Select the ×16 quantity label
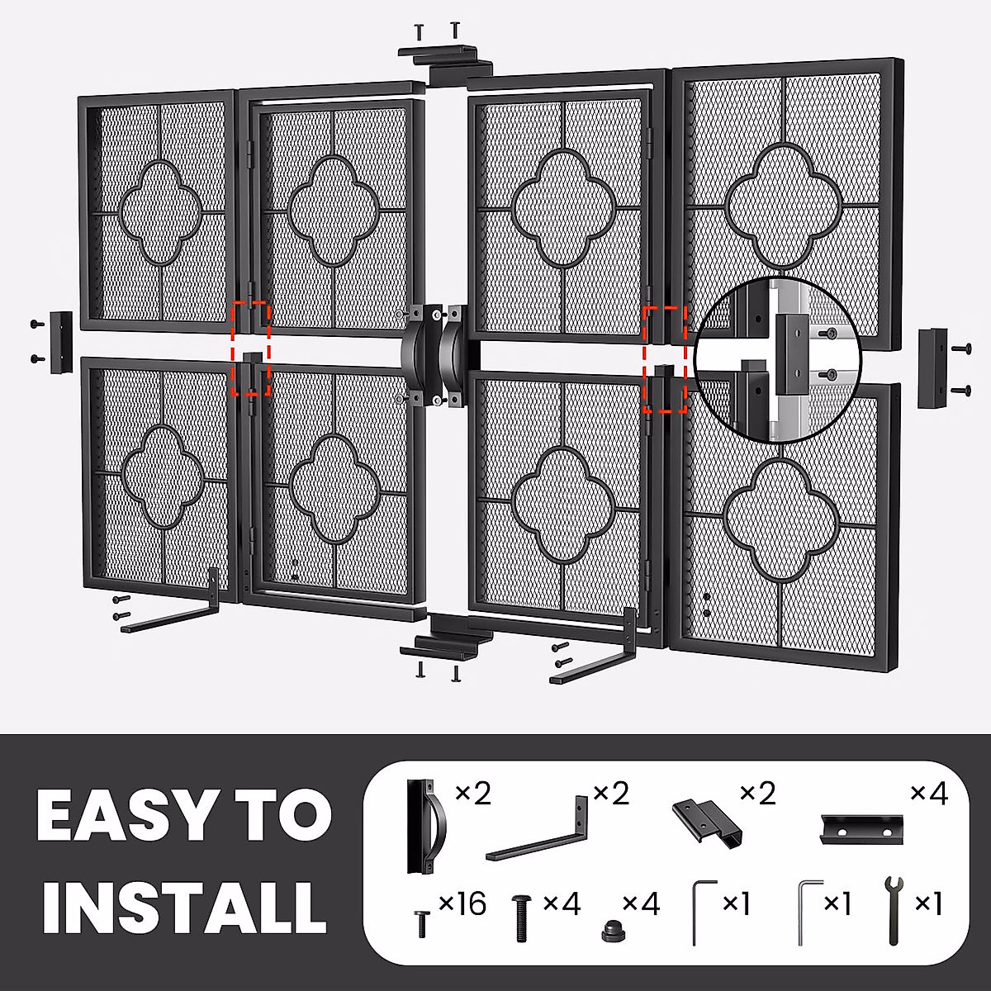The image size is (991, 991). tap(462, 904)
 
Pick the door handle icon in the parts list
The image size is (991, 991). tap(424, 825)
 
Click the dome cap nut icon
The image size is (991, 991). tap(612, 929)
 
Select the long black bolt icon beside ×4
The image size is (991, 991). tap(522, 917)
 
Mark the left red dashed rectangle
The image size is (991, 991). tap(250, 349)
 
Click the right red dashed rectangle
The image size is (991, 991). tap(665, 359)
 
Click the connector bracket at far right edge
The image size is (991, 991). tap(933, 367)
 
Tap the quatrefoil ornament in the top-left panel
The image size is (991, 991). tap(161, 211)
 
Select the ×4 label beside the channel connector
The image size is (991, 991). tap(929, 794)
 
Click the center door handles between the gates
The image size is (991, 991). tap(435, 355)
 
